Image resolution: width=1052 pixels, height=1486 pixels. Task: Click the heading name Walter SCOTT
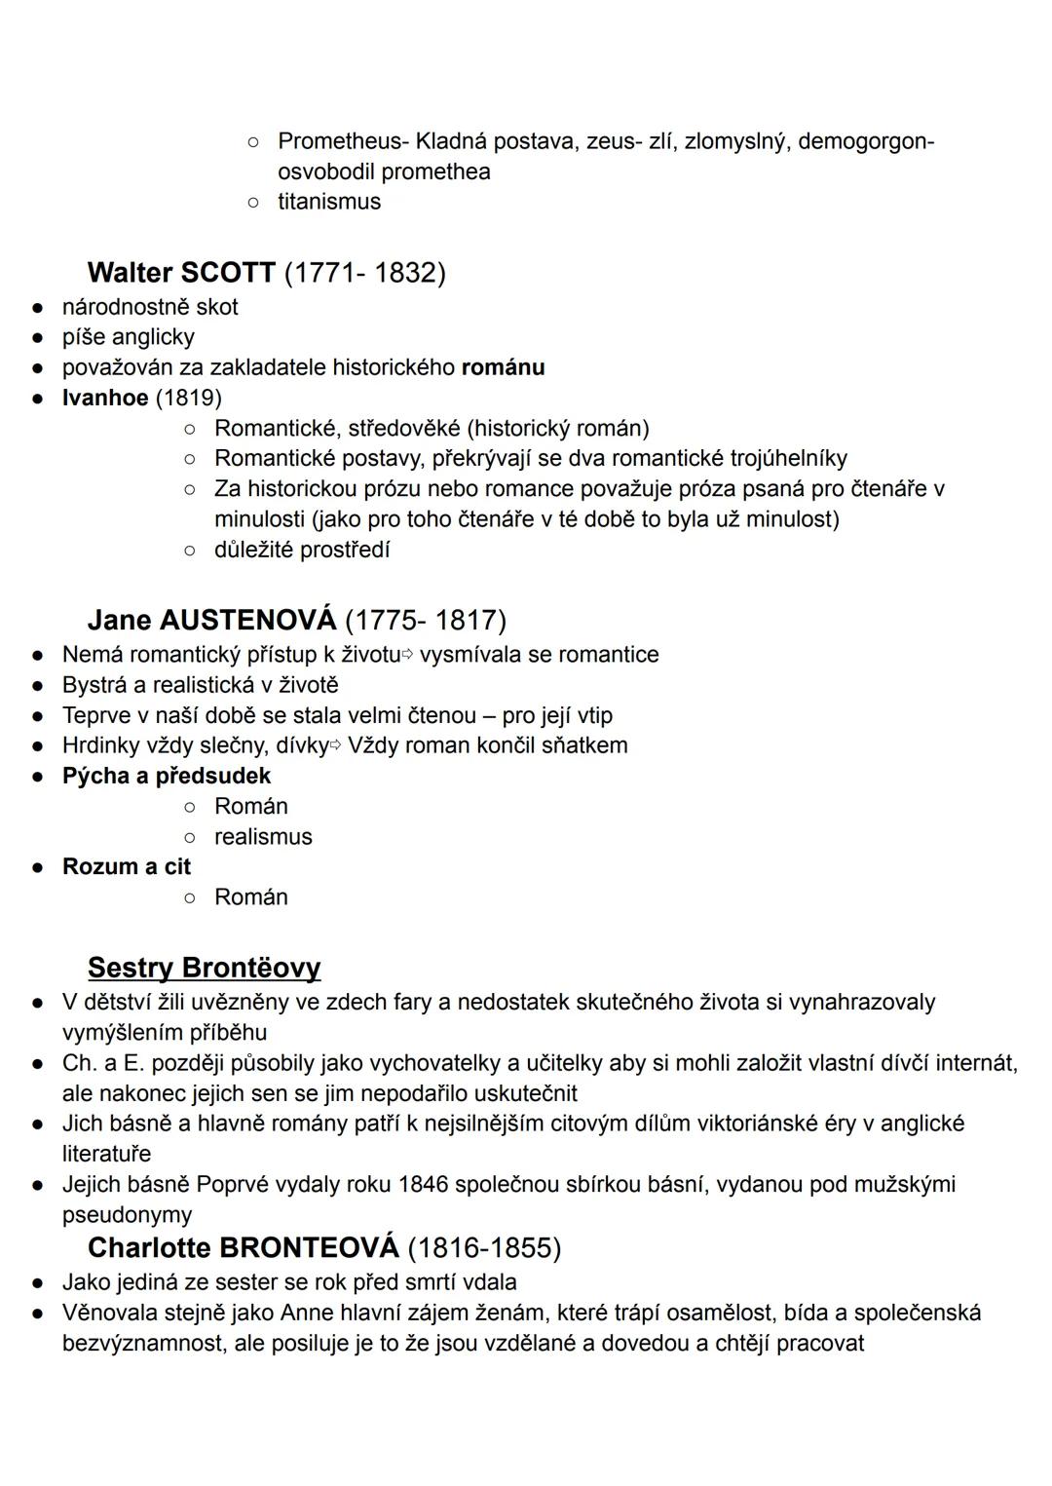point(181,272)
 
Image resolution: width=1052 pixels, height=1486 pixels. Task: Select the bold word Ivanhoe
point(105,398)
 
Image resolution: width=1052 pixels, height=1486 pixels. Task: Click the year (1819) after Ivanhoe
point(189,398)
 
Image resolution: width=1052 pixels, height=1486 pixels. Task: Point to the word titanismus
point(329,202)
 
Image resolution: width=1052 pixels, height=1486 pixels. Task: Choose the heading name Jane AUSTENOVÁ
point(211,620)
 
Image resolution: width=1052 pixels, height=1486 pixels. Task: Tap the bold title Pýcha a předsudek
point(167,776)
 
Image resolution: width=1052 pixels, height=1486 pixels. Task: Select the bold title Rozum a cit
point(127,866)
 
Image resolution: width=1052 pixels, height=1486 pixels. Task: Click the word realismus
point(263,836)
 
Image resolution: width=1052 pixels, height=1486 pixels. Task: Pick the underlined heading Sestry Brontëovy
point(204,968)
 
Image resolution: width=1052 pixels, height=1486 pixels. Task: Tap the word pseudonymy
point(127,1214)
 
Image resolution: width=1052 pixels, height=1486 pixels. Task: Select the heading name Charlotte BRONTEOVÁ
point(243,1247)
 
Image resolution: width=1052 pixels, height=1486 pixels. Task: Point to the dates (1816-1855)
point(484,1247)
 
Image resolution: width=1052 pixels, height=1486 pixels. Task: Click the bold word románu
point(503,367)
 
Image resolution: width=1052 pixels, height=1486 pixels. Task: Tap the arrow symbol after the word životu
point(408,655)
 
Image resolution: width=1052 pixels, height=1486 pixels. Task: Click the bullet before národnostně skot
point(36,308)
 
